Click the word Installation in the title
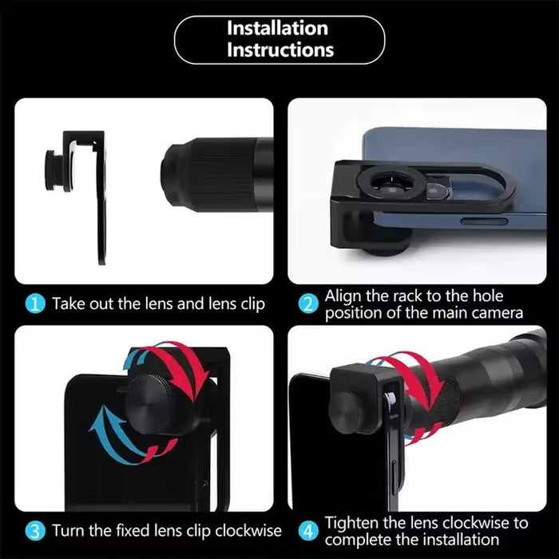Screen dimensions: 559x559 click(x=277, y=28)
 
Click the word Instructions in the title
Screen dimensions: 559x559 click(x=280, y=50)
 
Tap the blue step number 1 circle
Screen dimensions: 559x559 click(x=35, y=304)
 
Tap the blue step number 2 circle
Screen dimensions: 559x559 click(x=307, y=304)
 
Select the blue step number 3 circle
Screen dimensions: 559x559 click(x=35, y=531)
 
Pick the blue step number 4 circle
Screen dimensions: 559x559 click(x=307, y=531)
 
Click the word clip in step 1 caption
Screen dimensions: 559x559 click(x=252, y=304)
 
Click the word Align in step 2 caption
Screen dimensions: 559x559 click(x=343, y=296)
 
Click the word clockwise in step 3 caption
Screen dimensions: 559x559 click(x=248, y=530)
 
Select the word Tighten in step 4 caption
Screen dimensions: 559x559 click(x=351, y=523)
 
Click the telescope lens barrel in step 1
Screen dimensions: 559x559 click(x=217, y=175)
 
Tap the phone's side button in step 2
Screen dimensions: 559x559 click(x=484, y=221)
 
